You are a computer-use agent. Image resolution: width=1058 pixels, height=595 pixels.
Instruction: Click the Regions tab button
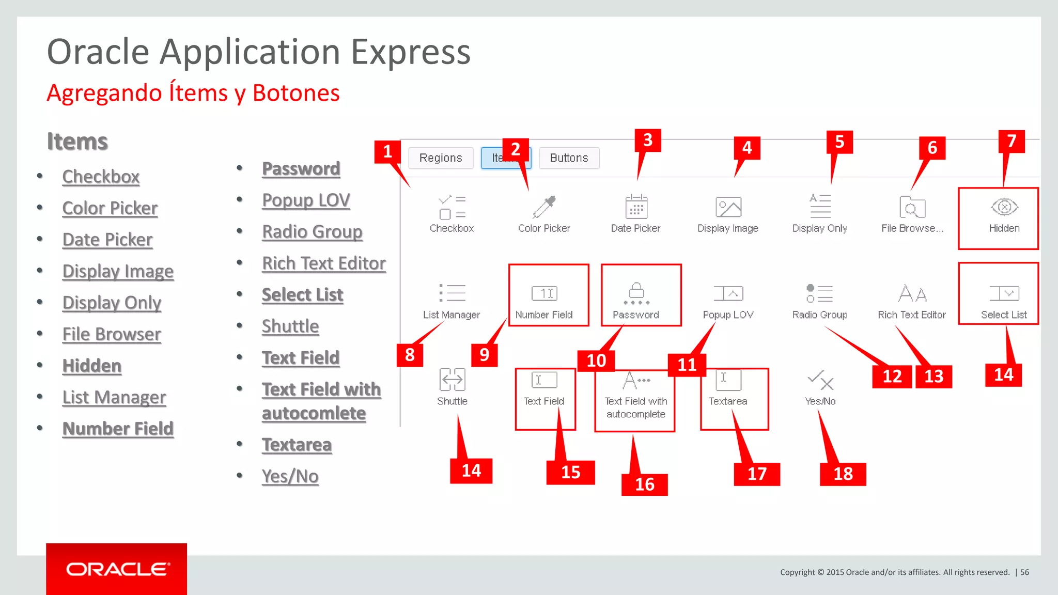coord(441,158)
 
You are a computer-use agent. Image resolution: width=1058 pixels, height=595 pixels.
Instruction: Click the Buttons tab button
coord(569,158)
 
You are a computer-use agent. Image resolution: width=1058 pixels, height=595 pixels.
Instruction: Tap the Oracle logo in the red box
coord(117,569)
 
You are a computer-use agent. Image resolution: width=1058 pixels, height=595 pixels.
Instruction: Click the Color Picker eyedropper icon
coord(544,207)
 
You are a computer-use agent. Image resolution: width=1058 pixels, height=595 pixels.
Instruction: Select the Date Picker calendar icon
coord(636,207)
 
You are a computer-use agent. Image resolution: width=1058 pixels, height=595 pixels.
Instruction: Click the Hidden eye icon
coord(1004,207)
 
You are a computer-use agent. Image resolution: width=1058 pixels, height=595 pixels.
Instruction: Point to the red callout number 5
coord(839,142)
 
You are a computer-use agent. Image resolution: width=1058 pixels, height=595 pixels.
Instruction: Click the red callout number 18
coord(843,474)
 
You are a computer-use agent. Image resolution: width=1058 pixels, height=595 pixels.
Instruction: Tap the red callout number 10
coord(596,361)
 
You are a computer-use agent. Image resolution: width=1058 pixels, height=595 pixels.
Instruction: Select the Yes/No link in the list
coord(290,476)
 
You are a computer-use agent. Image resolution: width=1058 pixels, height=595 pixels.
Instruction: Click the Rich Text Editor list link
coord(324,263)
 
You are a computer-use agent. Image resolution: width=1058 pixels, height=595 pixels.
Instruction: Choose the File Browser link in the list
coord(112,334)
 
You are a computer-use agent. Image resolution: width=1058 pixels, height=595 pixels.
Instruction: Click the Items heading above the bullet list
coord(77,142)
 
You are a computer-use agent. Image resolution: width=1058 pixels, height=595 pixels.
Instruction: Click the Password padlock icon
coord(636,292)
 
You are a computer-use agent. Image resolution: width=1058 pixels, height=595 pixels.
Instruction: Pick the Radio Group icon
coord(819,293)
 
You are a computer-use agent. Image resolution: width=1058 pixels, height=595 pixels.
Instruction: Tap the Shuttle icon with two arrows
coord(452,380)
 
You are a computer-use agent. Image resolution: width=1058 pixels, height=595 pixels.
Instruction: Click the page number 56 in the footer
coord(1024,572)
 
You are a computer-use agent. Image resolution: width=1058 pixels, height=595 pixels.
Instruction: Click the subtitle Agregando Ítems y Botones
coord(193,93)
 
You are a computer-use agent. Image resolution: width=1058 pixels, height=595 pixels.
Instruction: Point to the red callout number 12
coord(892,376)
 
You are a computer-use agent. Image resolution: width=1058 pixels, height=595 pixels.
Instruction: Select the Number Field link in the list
coord(118,429)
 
